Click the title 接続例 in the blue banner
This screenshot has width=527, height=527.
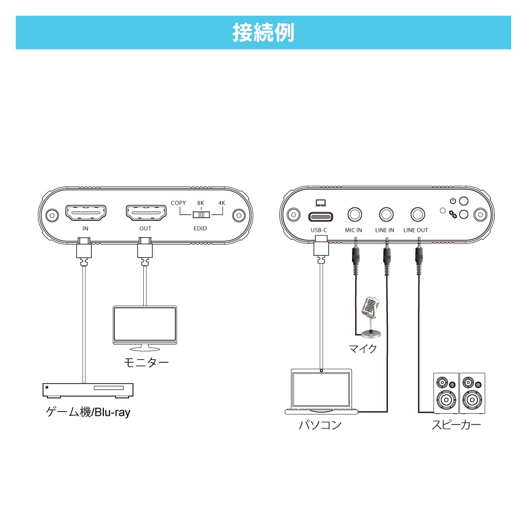pos(263,33)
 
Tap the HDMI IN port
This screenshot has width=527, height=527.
pos(85,213)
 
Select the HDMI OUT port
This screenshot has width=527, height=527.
pos(145,213)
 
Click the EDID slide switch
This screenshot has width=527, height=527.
pos(201,215)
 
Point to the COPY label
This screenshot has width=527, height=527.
pos(179,203)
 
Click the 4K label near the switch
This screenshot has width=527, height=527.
pos(222,203)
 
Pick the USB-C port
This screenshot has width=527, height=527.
pos(320,216)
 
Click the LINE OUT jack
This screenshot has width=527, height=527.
pos(418,215)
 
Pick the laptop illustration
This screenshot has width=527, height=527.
pos(321,393)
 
